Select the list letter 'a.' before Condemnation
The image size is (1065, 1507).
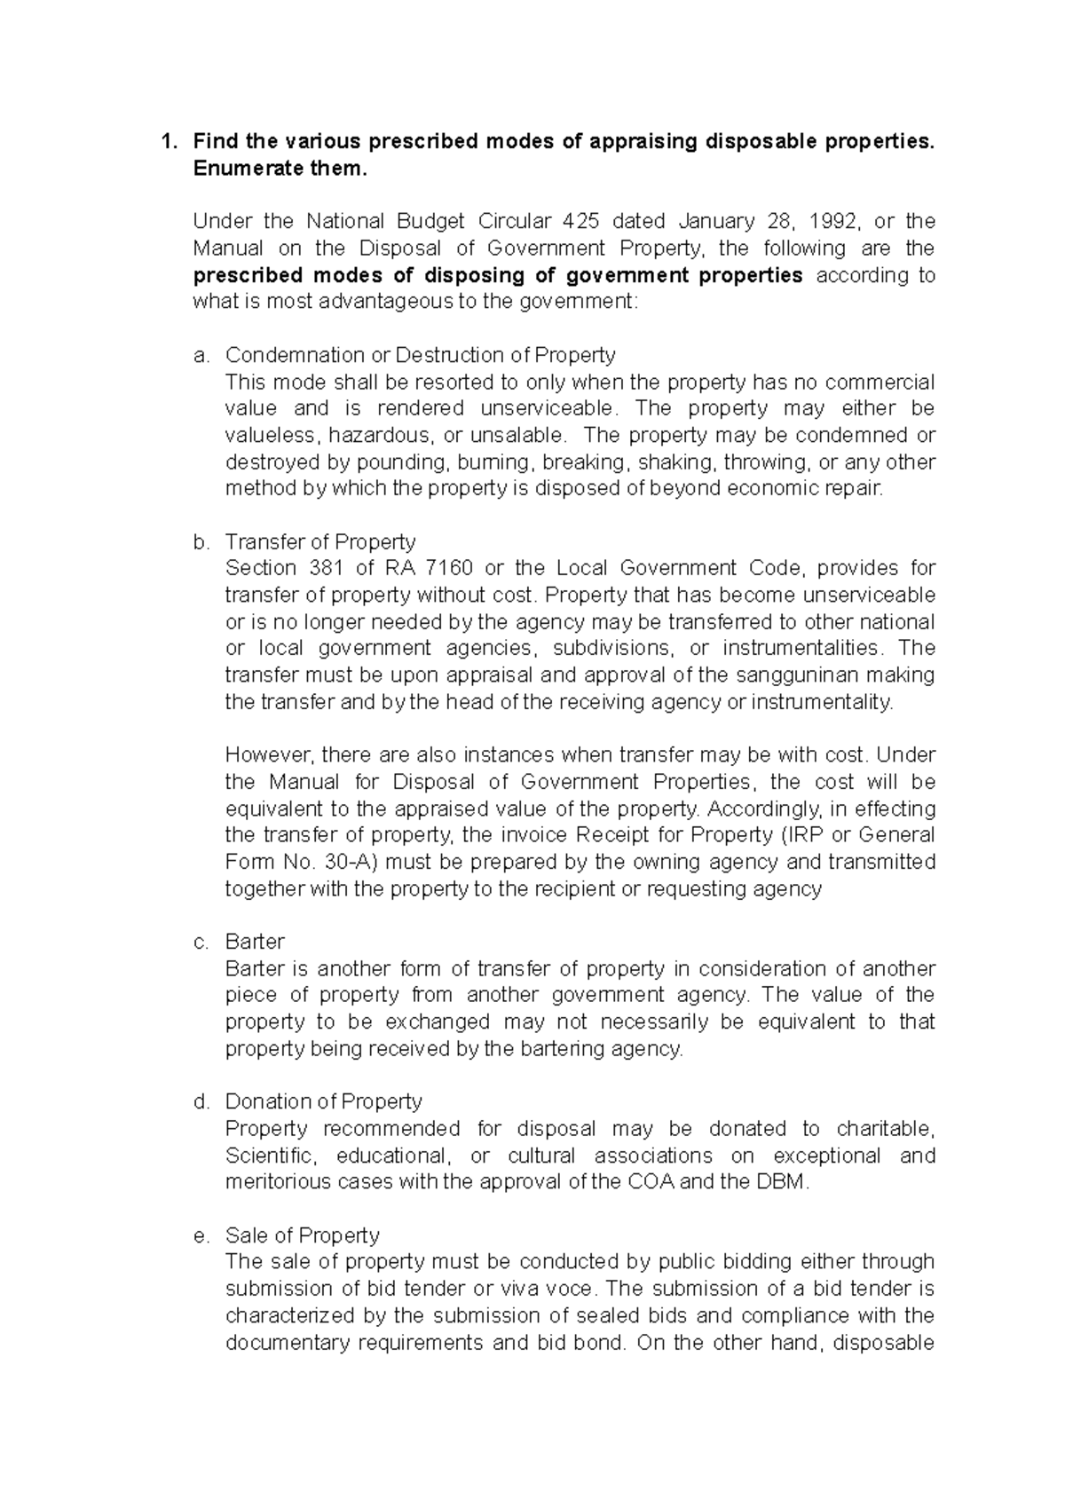[x=201, y=355]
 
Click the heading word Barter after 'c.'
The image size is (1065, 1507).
[x=255, y=942]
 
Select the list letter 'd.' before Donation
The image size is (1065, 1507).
[x=201, y=1101]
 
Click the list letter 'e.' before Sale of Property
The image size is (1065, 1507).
[x=201, y=1235]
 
